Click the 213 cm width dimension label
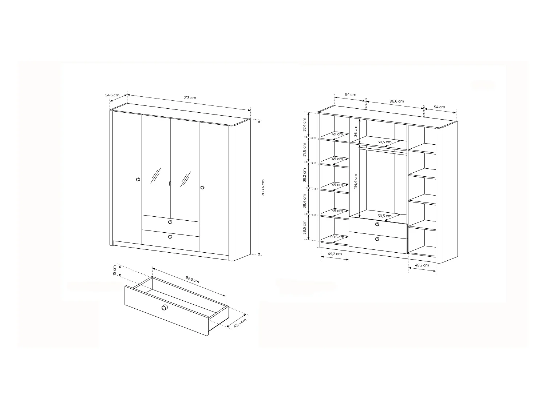coord(190,98)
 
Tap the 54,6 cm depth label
coord(112,95)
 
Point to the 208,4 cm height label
coord(263,188)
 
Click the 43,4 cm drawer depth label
coord(240,323)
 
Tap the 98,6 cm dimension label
coord(396,101)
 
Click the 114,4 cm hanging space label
coord(355,181)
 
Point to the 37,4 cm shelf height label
coord(304,125)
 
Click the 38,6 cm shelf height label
coord(304,227)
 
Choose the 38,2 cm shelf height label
coord(304,176)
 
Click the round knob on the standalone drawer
coord(165,308)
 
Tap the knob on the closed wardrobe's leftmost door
coord(138,179)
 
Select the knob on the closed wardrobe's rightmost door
coord(202,188)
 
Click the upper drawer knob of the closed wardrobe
coord(170,222)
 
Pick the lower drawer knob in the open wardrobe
coord(377,239)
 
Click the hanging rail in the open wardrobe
coord(382,150)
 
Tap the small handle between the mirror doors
coord(170,183)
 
